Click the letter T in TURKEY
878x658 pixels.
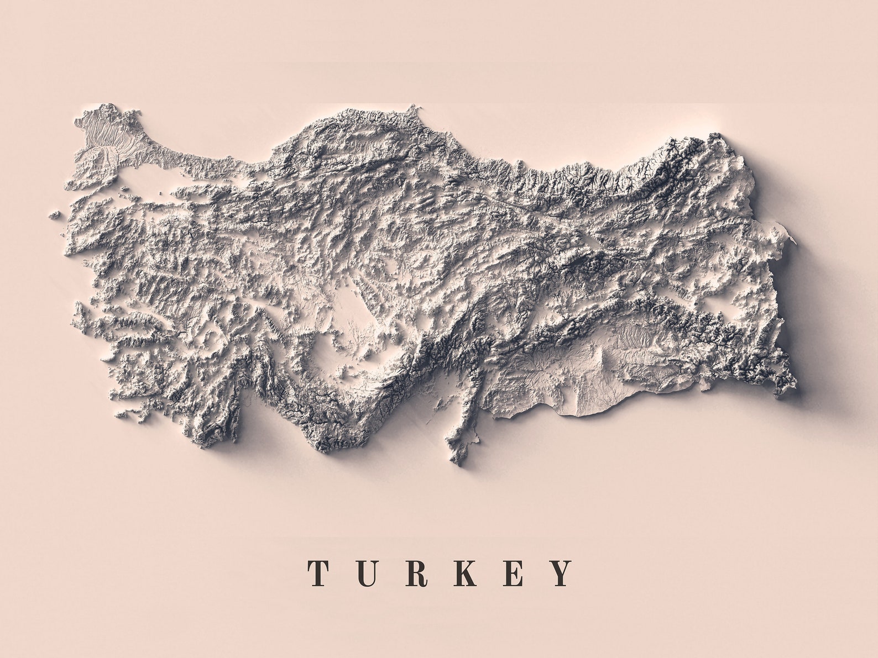(320, 573)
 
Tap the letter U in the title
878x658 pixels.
(367, 573)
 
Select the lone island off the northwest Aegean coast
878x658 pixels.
(54, 214)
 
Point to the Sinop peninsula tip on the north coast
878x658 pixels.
(412, 108)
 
